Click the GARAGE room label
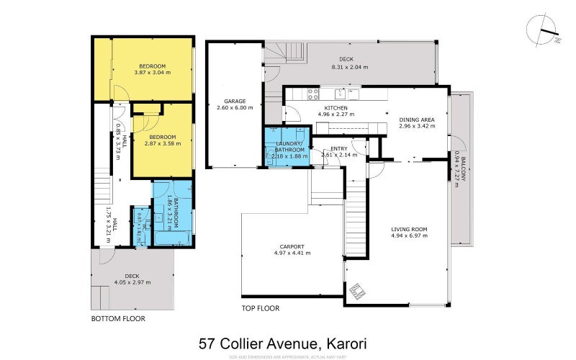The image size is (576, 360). point(235,101)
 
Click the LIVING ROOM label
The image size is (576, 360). point(409,229)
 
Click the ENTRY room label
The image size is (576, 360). point(339,148)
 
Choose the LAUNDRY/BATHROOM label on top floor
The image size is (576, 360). point(287,147)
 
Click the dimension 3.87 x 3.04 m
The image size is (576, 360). point(152,72)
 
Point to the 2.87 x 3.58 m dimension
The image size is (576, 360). point(163,143)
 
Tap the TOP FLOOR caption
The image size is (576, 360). point(260,308)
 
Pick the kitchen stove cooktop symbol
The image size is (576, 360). point(313,92)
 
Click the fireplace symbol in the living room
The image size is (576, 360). point(358,290)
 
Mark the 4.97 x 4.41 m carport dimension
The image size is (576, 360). point(292,253)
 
